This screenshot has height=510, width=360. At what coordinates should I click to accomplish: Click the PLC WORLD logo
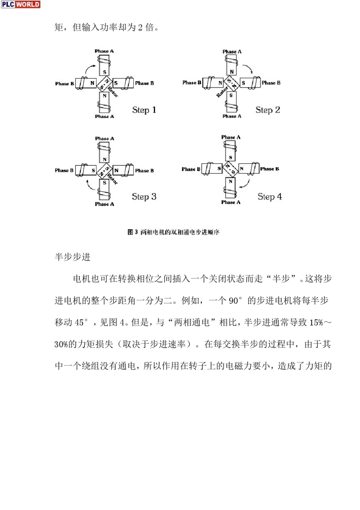tap(20, 5)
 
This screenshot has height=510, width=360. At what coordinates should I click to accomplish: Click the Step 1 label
tap(144, 110)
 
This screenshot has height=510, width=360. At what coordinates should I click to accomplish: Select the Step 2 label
tap(268, 110)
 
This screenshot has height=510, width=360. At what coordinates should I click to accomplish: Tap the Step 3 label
tap(144, 196)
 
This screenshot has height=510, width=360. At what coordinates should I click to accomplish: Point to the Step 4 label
tap(269, 196)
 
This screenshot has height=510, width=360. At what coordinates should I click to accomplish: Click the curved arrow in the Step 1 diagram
tap(90, 68)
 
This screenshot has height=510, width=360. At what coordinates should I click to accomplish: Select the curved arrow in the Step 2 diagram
tap(248, 69)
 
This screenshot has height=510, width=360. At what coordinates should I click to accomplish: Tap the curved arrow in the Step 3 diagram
tap(90, 185)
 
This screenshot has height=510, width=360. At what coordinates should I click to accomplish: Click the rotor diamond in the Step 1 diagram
tap(105, 83)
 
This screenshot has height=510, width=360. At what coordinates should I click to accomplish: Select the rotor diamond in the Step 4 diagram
tap(230, 169)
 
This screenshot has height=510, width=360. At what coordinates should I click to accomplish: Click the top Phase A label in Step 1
tap(104, 51)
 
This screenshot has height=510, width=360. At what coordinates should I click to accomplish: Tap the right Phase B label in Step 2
tap(271, 83)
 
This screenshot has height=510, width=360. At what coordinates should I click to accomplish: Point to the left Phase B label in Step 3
tap(64, 170)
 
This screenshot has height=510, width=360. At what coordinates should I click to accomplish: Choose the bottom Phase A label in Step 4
tap(231, 202)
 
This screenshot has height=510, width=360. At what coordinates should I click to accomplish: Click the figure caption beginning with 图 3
tap(173, 232)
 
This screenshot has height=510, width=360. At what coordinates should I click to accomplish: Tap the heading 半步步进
tap(72, 257)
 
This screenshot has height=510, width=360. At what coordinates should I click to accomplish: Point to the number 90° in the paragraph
tap(235, 301)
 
